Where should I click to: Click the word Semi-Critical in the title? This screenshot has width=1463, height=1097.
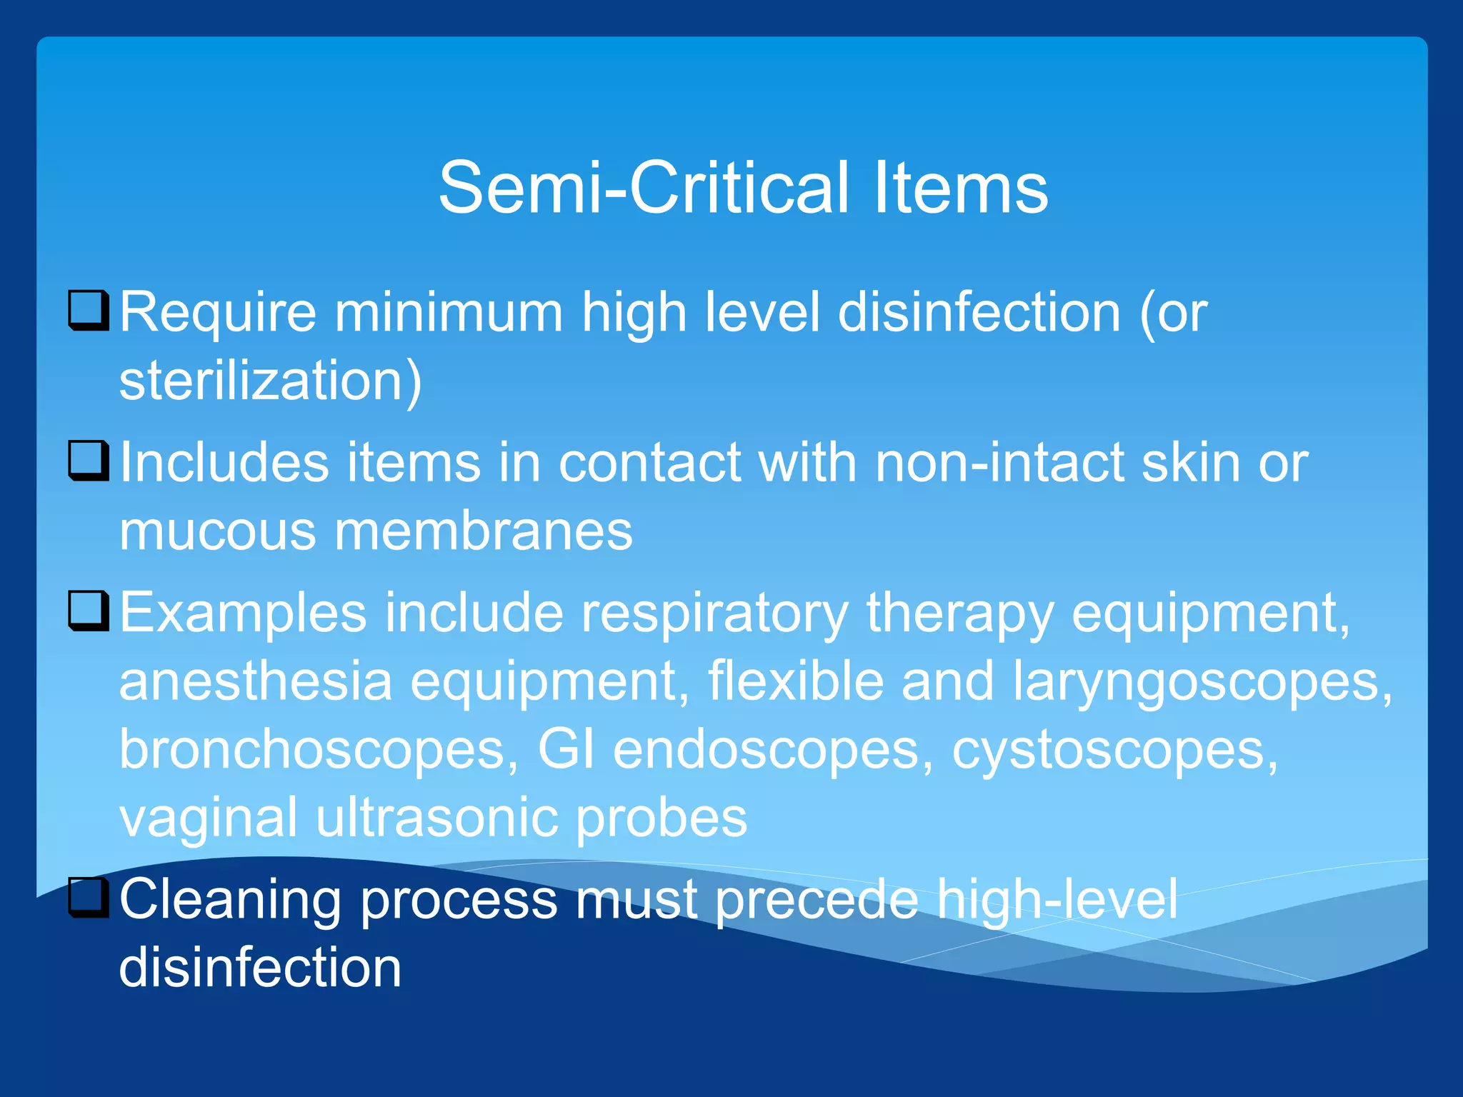[643, 188]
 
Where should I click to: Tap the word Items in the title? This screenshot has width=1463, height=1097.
[960, 188]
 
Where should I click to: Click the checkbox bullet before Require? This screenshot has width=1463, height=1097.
[89, 311]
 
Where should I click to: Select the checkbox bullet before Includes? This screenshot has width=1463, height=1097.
[89, 461]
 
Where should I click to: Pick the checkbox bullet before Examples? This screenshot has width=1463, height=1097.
[89, 611]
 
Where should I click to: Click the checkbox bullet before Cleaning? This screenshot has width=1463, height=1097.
[89, 898]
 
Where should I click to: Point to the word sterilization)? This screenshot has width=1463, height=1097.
[271, 381]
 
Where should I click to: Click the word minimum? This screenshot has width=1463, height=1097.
[449, 313]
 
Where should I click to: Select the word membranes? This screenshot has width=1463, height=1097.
[483, 531]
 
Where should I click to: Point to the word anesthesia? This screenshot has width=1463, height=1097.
[256, 681]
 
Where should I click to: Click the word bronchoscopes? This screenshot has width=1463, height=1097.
[318, 749]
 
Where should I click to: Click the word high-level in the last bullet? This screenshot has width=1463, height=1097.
[1057, 900]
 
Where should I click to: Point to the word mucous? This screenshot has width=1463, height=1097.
[217, 531]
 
